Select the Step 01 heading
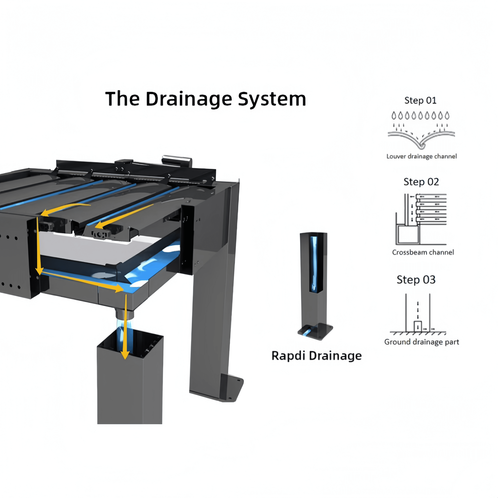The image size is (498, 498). [420, 101]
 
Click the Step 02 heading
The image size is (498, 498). [421, 182]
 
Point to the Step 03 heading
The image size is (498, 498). [416, 280]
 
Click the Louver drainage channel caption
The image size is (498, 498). [421, 156]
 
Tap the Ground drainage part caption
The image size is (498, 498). [421, 342]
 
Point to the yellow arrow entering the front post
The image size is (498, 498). [126, 327]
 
